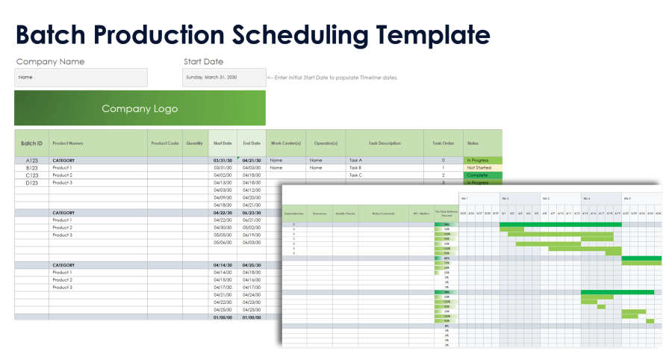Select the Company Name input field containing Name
(81, 77)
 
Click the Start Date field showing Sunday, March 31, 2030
(223, 77)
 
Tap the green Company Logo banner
(140, 108)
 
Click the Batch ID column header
(31, 143)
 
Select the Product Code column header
(165, 143)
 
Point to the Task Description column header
(384, 143)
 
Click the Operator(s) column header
(325, 143)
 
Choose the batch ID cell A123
(31, 160)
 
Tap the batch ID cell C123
(31, 175)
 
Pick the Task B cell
(355, 167)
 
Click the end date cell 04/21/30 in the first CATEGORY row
(251, 160)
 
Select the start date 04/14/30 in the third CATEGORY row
(223, 265)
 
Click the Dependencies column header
(294, 213)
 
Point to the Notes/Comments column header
(383, 213)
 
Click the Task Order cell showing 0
(443, 160)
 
